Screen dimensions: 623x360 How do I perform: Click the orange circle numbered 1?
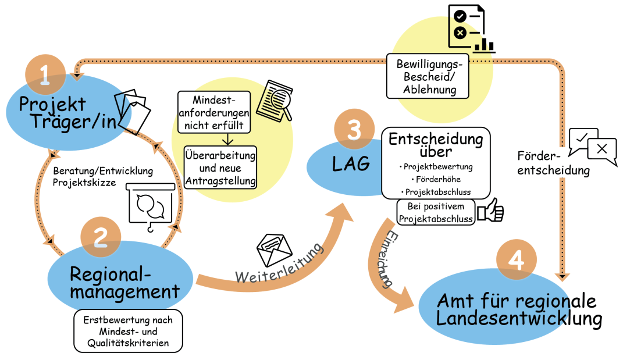tap(45, 74)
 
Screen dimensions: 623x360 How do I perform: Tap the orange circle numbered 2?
tap(101, 237)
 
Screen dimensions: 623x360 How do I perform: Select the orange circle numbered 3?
tap(354, 129)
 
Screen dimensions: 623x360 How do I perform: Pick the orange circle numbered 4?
tap(517, 260)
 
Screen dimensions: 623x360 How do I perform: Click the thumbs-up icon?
tap(491, 210)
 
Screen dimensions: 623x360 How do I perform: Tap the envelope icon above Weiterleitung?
tap(274, 249)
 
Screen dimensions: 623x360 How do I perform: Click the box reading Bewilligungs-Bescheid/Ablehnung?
tap(428, 76)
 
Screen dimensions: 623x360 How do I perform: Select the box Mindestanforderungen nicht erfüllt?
tap(214, 112)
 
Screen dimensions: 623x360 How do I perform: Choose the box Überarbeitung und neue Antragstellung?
tap(220, 167)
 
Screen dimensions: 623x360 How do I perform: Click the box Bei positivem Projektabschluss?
tap(436, 212)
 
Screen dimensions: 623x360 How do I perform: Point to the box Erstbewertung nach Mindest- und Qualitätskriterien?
tap(128, 331)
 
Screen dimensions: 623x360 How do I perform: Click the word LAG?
tap(351, 163)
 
